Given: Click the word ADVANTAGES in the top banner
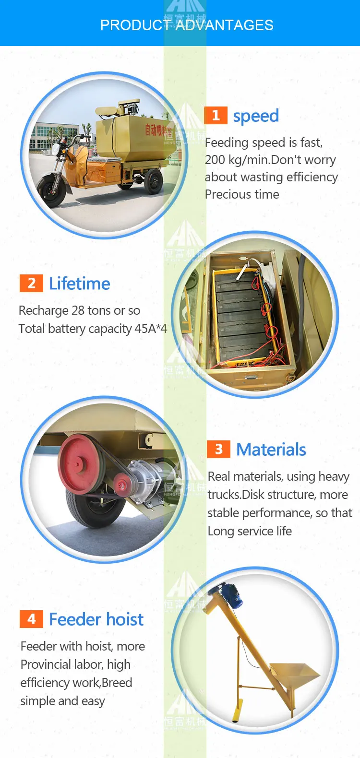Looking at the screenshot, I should (x=224, y=25).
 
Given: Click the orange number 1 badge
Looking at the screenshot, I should (x=216, y=115).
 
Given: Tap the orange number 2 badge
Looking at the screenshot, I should (x=31, y=283).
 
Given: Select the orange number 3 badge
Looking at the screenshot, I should (x=218, y=449).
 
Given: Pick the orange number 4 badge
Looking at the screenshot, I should (x=31, y=619).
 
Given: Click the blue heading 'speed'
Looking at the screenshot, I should (x=256, y=116).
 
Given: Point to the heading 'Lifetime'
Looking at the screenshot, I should (x=80, y=284).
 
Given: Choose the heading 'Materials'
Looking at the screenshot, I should (x=271, y=450).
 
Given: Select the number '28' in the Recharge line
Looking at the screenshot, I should (x=78, y=311).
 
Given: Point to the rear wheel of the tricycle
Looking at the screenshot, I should (x=154, y=181).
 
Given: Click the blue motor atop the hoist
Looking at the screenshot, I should (x=229, y=595).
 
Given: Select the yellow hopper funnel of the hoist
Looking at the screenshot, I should (x=294, y=675).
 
